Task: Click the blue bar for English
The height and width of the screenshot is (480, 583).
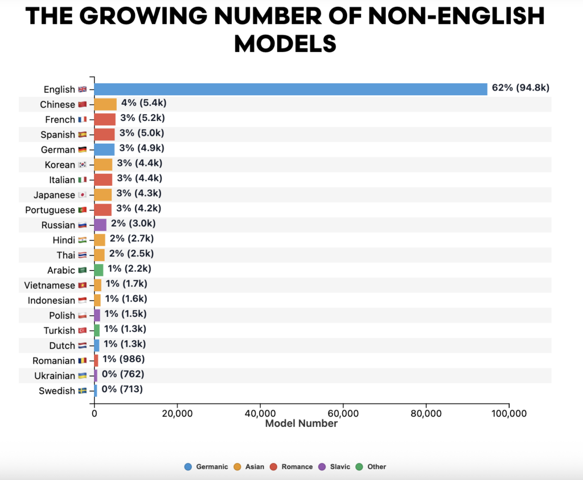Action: [x=290, y=89]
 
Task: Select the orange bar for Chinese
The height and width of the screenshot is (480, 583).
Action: [x=105, y=104]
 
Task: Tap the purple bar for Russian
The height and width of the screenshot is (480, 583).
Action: [x=100, y=225]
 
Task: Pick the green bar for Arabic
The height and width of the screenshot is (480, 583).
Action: [x=98, y=270]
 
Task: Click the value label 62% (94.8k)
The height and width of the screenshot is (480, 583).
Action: [x=520, y=88]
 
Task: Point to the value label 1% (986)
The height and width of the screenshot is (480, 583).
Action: [x=123, y=359]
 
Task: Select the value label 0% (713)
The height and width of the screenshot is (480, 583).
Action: [x=122, y=389]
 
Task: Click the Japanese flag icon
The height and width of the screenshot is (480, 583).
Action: [x=83, y=195]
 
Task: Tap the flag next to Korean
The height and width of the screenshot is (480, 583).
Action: [x=83, y=165]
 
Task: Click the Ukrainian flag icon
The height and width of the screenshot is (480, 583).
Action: [x=83, y=376]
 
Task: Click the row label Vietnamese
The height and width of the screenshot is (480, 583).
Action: [x=50, y=285]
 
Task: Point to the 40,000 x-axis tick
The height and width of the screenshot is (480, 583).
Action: [x=260, y=413]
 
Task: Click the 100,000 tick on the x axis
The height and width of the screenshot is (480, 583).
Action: [x=508, y=413]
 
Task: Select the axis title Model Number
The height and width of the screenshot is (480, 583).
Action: [x=301, y=424]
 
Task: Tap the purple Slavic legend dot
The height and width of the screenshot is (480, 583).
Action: [x=322, y=466]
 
